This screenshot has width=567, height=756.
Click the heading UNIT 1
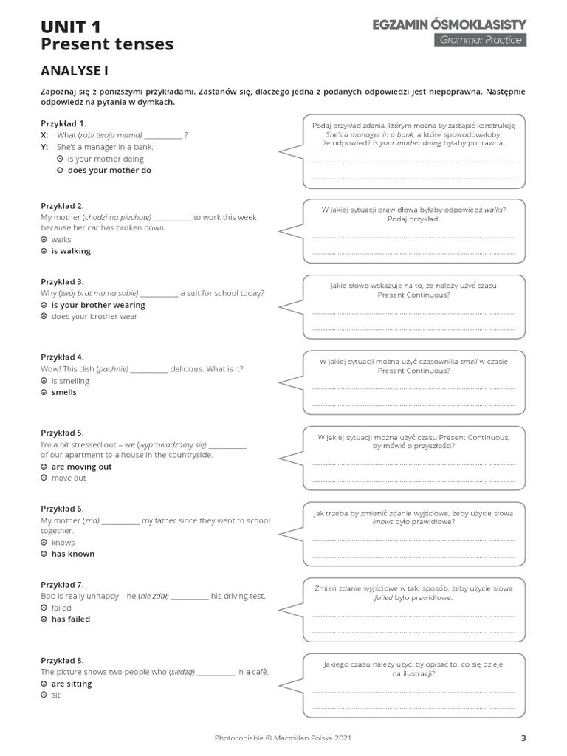[71, 27]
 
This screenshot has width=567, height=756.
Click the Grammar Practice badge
[480, 40]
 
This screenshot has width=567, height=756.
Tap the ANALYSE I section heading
[75, 71]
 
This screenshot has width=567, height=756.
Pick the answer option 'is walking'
[71, 251]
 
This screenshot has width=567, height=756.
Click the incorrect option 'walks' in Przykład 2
[61, 240]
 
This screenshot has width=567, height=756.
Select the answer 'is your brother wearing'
[97, 305]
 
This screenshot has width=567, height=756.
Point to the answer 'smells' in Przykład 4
[63, 392]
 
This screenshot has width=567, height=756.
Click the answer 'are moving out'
[81, 467]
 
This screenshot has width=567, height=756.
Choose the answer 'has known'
[72, 554]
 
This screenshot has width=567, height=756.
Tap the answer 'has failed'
[70, 619]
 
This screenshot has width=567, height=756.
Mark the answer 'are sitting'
[72, 684]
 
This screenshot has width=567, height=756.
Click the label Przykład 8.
[63, 660]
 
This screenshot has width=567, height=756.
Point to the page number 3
[523, 738]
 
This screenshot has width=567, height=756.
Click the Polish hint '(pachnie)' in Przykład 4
[113, 368]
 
